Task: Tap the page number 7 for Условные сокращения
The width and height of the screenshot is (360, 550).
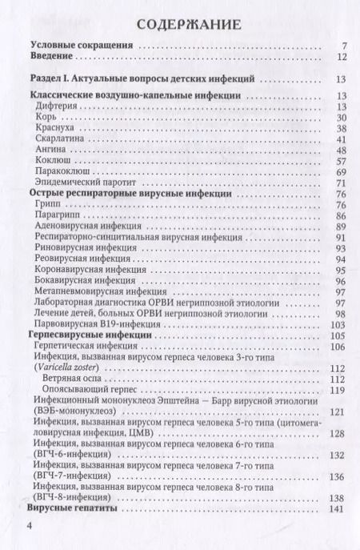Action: [x=342, y=46]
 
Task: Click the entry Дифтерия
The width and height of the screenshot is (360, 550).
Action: [x=57, y=107]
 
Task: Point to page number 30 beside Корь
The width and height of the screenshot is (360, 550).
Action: [x=339, y=118]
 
